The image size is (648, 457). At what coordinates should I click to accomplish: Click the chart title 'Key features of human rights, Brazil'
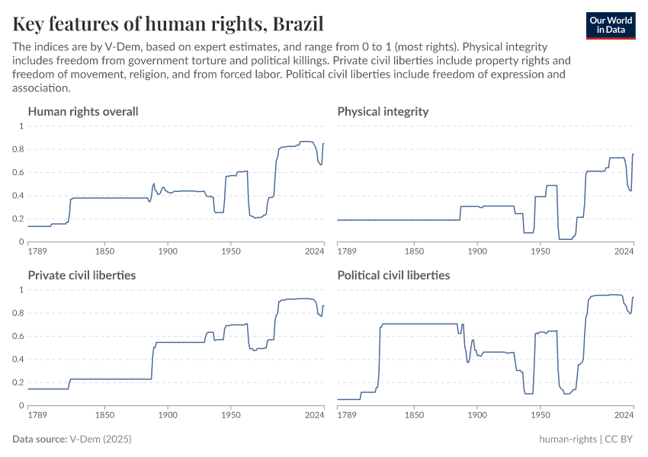pyautogui.click(x=168, y=24)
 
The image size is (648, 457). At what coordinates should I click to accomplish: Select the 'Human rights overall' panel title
pyautogui.click(x=83, y=111)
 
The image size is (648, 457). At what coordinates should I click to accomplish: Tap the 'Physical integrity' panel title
pyautogui.click(x=383, y=111)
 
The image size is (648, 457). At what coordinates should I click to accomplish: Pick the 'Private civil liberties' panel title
pyautogui.click(x=82, y=275)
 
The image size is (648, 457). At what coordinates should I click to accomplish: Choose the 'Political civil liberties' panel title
pyautogui.click(x=393, y=275)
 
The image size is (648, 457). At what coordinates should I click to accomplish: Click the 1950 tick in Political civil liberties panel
pyautogui.click(x=540, y=415)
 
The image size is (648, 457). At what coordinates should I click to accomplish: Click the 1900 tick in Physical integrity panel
pyautogui.click(x=477, y=251)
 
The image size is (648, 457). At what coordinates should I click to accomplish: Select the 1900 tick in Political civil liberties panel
pyautogui.click(x=477, y=415)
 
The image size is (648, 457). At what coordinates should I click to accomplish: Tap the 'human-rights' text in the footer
pyautogui.click(x=568, y=439)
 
